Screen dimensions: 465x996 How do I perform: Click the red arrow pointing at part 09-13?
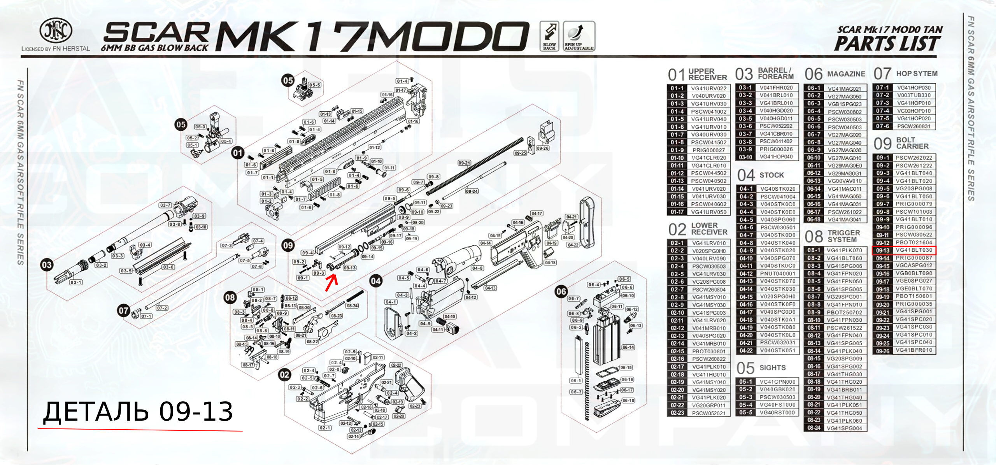click(331, 283)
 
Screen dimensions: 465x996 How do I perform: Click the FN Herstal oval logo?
click(56, 30)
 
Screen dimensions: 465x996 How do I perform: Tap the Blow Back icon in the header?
click(549, 36)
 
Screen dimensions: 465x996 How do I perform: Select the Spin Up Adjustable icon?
click(579, 36)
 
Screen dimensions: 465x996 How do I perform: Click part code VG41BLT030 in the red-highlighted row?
click(914, 250)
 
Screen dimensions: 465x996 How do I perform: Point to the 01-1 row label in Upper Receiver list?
click(677, 88)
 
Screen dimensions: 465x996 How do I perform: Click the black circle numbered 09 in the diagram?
click(288, 246)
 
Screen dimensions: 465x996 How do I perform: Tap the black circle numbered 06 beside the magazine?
click(561, 291)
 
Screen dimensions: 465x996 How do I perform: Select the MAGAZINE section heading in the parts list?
click(846, 74)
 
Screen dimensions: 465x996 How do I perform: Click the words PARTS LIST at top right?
click(887, 44)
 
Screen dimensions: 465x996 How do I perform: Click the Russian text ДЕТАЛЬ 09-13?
click(138, 412)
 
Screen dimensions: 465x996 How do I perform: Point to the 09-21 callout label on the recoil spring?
click(464, 163)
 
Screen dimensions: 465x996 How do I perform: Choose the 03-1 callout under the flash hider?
click(76, 282)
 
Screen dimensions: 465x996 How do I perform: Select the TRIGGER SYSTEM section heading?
click(843, 236)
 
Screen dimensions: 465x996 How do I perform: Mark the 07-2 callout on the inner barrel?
click(162, 308)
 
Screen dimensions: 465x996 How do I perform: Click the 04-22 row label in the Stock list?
click(746, 351)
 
